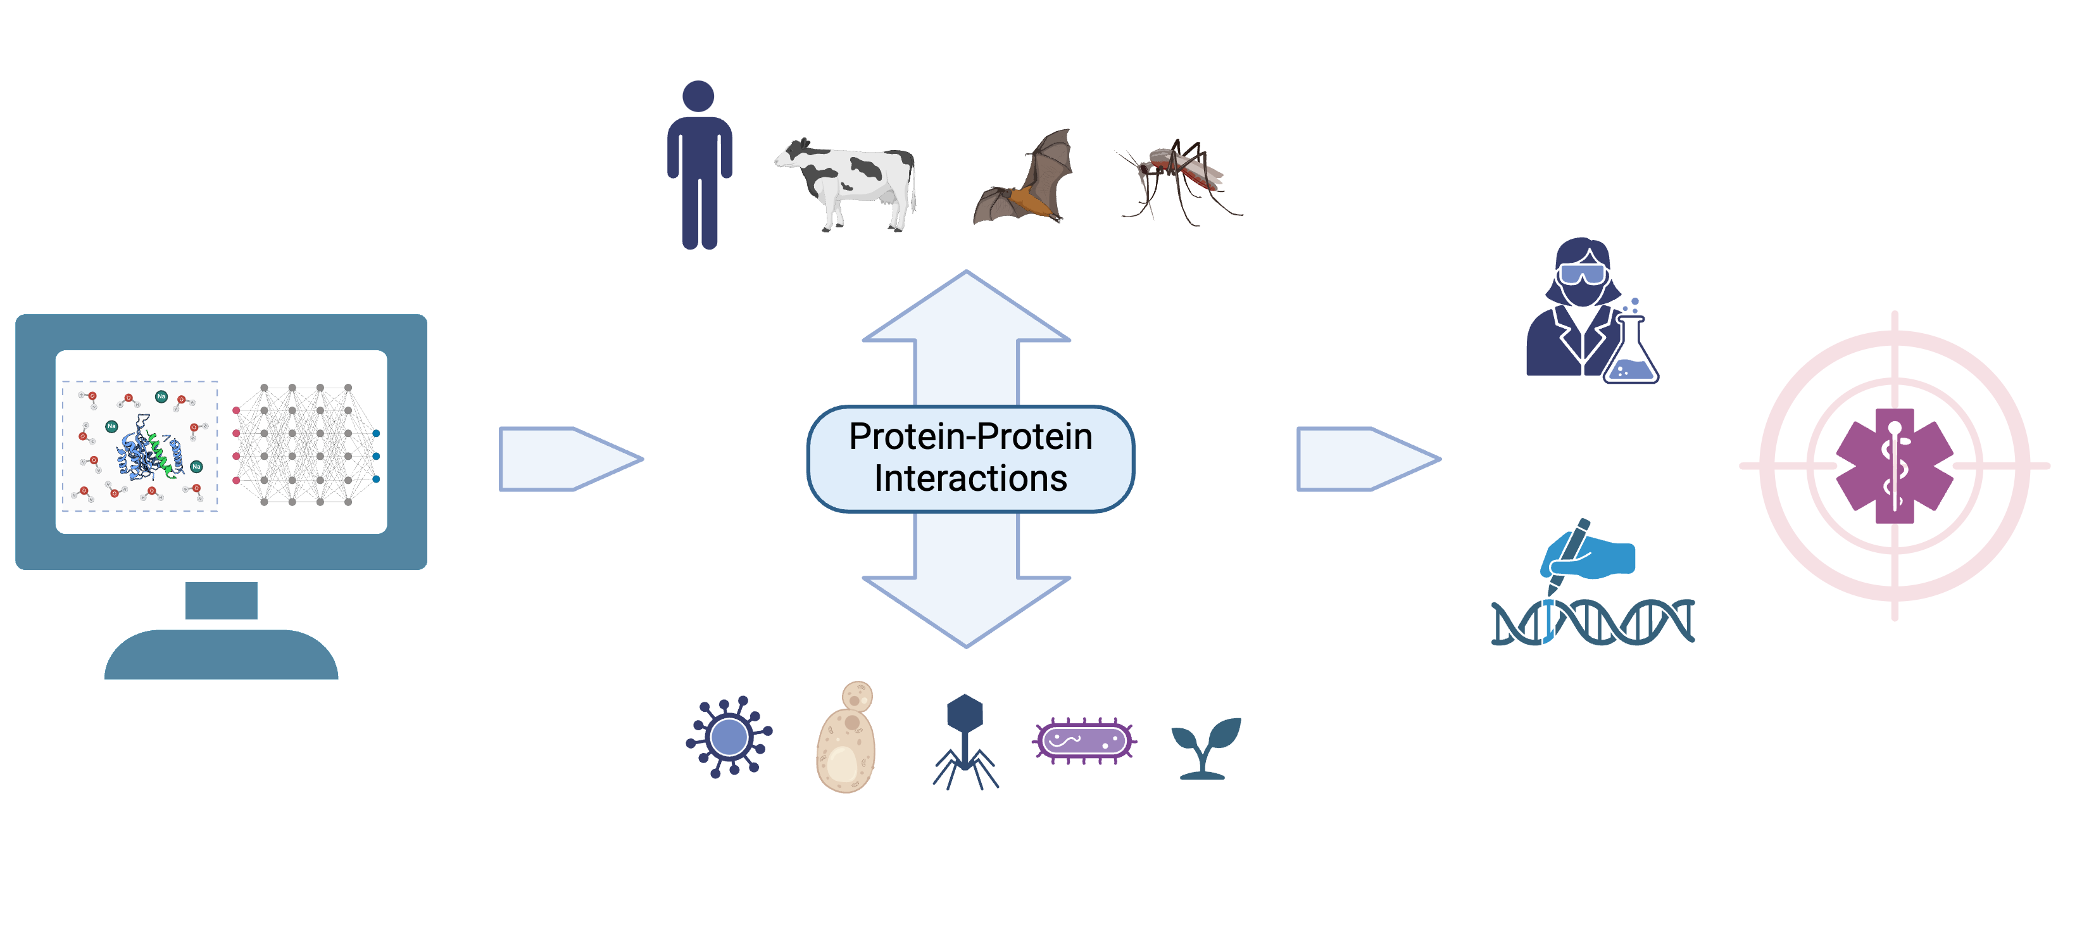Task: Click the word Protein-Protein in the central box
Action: tap(970, 436)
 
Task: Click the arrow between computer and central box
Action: tap(570, 459)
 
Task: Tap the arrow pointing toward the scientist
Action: tap(1368, 459)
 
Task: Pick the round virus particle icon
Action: tap(729, 737)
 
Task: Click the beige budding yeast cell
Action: tap(846, 737)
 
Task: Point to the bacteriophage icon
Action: tap(965, 742)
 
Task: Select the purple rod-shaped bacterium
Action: tap(1084, 740)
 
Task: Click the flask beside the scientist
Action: tap(1630, 349)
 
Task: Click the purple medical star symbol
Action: tap(1895, 465)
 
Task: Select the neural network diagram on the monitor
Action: tap(306, 445)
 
